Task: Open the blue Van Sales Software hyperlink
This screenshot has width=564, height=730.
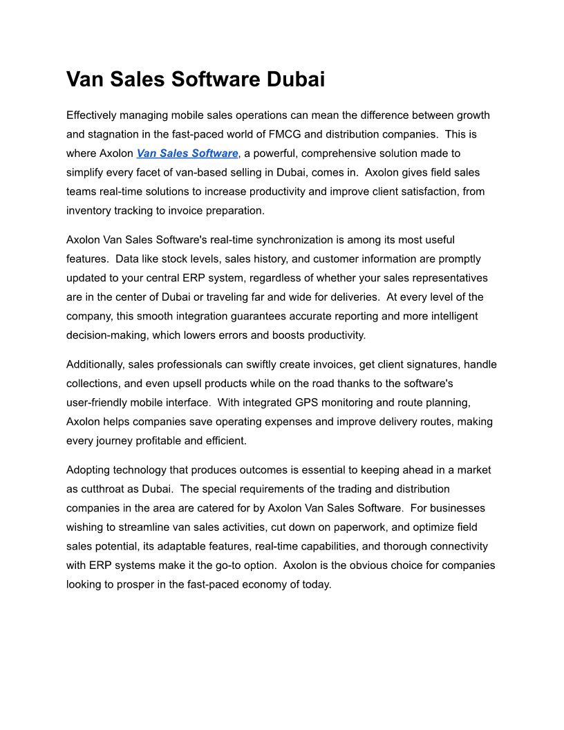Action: pyautogui.click(x=187, y=153)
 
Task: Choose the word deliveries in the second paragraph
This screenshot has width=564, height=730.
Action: pyautogui.click(x=349, y=297)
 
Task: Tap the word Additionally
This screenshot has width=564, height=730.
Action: pyautogui.click(x=95, y=364)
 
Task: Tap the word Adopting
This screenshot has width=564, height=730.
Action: pyautogui.click(x=89, y=469)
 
